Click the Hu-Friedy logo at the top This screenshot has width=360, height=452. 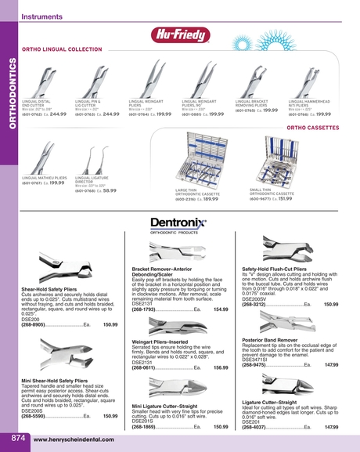[180, 35]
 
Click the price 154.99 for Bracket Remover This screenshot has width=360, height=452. [221, 310]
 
